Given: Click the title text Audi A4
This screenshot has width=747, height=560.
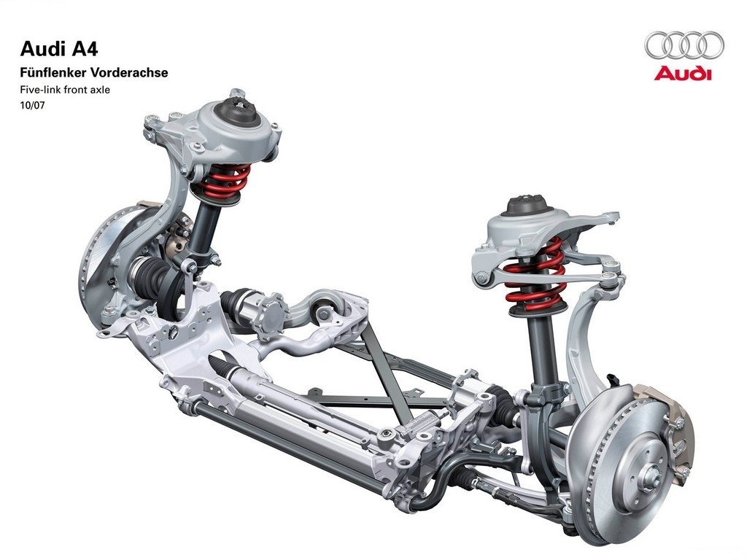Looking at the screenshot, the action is (x=59, y=50).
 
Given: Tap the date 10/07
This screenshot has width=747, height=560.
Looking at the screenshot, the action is (x=32, y=105).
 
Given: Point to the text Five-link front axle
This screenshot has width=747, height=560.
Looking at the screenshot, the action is (x=65, y=89).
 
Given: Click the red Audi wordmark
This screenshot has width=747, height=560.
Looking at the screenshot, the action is (x=682, y=74).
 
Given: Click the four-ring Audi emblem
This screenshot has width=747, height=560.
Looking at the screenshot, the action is (x=684, y=46).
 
